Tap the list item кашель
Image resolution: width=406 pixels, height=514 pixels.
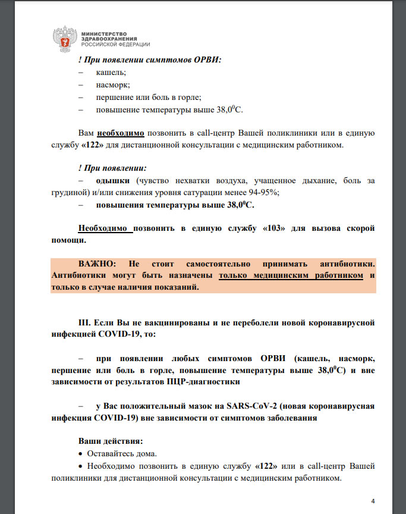point(107,72)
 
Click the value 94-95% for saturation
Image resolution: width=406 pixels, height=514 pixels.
point(265,192)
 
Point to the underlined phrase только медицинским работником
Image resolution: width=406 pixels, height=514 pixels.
point(291,275)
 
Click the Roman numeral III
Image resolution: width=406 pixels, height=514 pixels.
point(87,323)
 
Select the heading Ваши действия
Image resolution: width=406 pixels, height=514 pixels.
point(111,441)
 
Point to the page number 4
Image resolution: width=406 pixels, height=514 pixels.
point(373,500)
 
